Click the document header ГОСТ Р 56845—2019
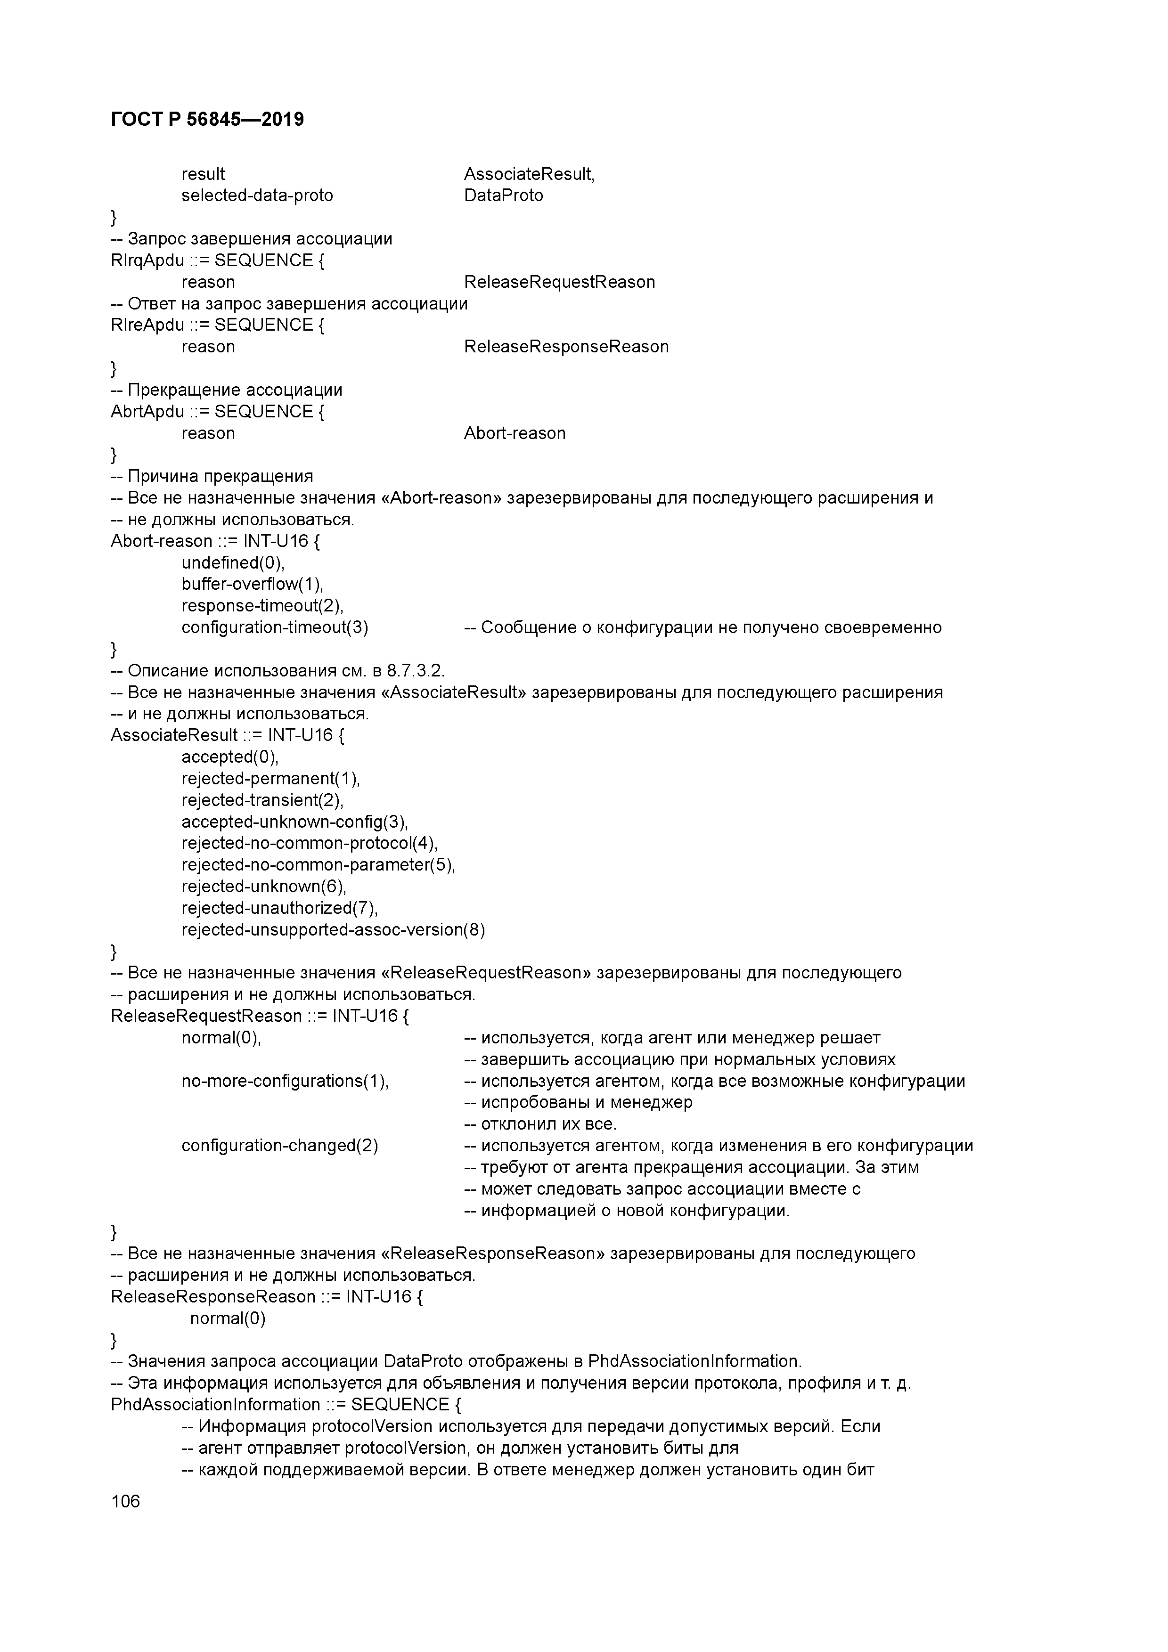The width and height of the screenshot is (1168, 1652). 207,120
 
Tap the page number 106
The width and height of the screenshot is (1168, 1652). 126,1501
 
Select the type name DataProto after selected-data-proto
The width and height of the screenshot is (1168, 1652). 503,195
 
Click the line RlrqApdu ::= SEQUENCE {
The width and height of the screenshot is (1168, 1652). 217,260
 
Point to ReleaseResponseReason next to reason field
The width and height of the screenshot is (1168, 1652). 566,347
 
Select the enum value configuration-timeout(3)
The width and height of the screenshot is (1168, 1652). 274,627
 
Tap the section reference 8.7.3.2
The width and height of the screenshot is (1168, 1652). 415,671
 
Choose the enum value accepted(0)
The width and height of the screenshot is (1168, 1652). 229,757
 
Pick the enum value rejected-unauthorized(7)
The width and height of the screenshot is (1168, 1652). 279,908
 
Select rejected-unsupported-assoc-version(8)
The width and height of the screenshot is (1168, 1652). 333,929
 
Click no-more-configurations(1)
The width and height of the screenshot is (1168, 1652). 285,1081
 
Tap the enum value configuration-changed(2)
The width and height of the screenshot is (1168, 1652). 279,1146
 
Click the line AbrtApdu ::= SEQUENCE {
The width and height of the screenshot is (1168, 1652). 217,412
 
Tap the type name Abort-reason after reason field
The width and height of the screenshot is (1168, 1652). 515,433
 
